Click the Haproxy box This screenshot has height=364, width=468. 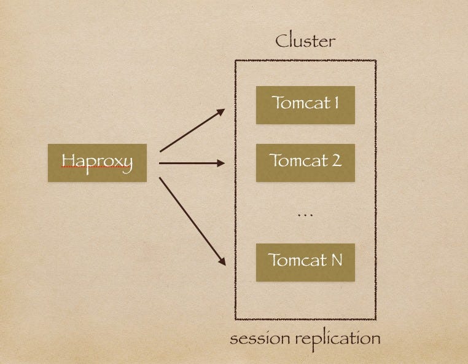(x=97, y=162)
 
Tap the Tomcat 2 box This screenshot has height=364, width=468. (x=305, y=162)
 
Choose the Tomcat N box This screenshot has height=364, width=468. (x=305, y=261)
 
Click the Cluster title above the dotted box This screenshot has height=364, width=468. (x=305, y=42)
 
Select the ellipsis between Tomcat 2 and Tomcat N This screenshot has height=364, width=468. (x=305, y=215)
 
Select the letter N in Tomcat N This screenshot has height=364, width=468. (x=336, y=260)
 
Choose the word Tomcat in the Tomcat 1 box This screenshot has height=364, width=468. (x=299, y=103)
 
